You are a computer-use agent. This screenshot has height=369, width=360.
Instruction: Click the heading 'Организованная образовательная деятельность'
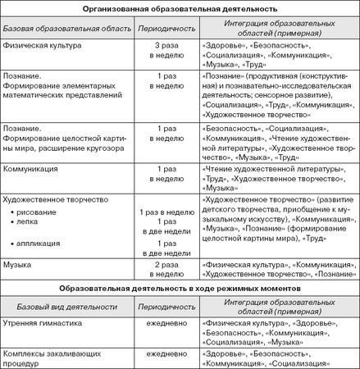coord(180,8)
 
